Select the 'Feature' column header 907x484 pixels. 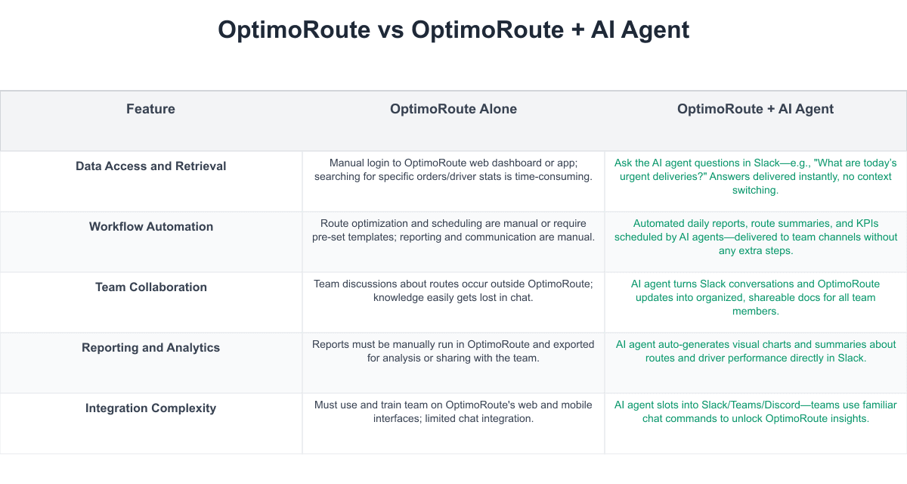coord(150,109)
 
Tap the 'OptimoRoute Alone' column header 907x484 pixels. coord(453,109)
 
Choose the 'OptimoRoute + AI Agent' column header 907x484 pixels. coord(755,109)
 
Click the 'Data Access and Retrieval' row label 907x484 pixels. coord(150,166)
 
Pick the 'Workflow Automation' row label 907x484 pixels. coord(150,227)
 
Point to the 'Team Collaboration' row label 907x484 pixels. coord(150,287)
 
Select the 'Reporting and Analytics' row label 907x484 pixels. coord(150,348)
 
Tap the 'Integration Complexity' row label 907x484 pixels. coord(150,408)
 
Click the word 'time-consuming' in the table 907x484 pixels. coord(553,176)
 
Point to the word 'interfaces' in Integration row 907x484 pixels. coord(398,418)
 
